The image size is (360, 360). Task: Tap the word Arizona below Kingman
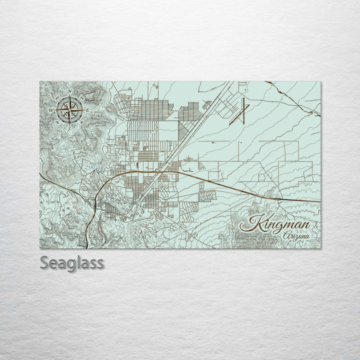[295, 236]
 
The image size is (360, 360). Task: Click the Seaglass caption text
[72, 263]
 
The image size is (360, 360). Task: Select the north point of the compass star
[70, 96]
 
